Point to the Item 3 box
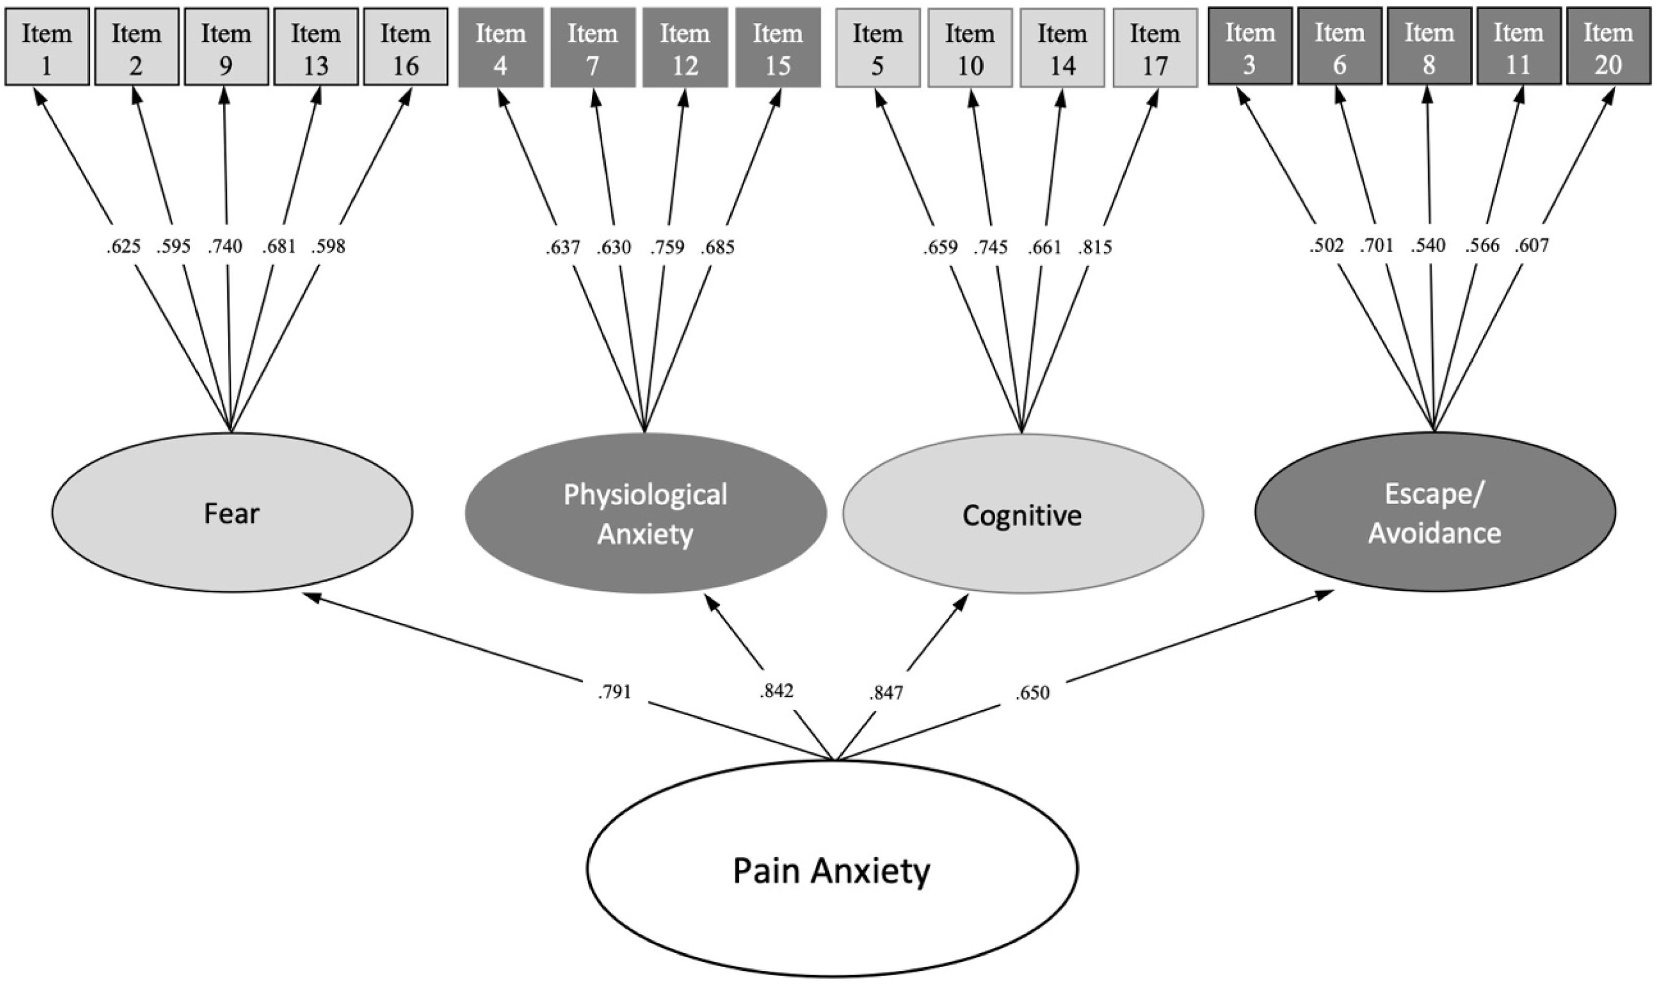1249,46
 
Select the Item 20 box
1608,46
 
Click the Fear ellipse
232,513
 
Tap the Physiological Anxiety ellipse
645,513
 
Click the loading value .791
614,692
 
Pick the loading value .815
1094,247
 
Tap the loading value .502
1326,245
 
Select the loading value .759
667,247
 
